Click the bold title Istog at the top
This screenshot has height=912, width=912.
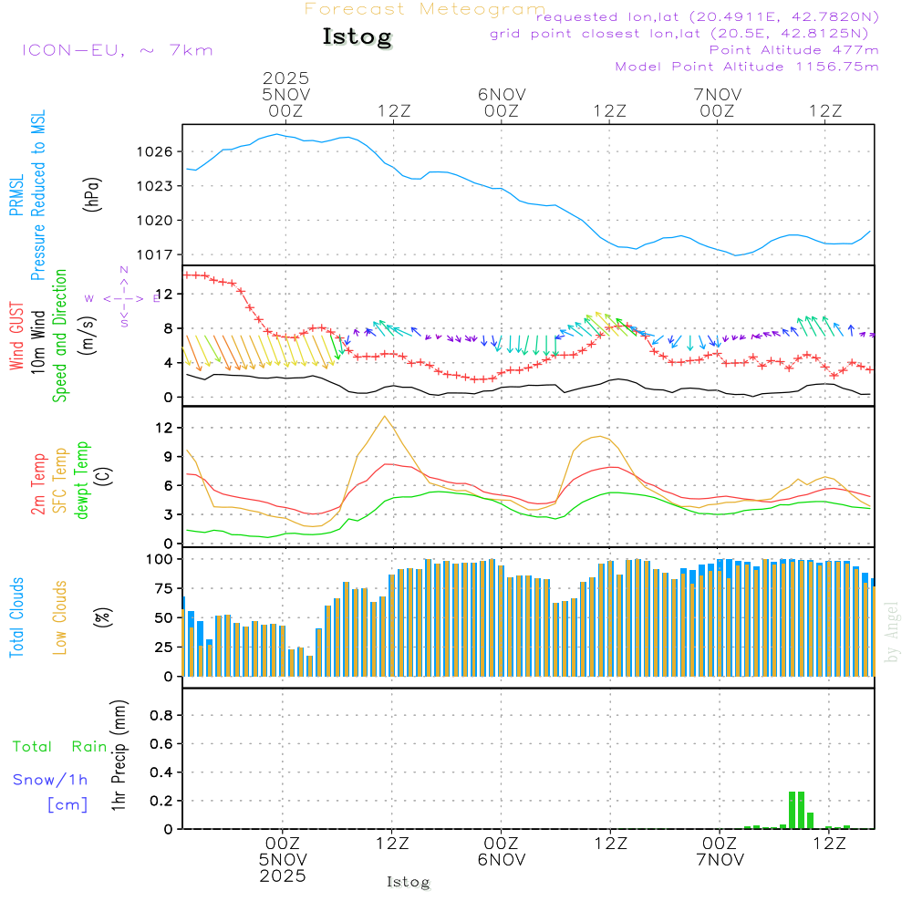357,37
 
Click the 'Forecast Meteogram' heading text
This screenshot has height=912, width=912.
425,9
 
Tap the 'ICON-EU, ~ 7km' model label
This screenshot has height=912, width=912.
117,49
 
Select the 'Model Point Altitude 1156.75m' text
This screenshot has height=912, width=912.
747,67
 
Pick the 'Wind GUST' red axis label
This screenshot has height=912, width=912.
16,337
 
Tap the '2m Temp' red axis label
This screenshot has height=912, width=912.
38,484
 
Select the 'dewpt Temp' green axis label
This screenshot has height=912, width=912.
82,481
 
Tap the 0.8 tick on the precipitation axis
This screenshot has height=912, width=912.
161,715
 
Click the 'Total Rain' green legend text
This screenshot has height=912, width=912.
60,746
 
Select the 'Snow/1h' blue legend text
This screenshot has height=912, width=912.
50,780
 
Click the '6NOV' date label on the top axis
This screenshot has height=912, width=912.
501,94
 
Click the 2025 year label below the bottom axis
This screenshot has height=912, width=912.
284,876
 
